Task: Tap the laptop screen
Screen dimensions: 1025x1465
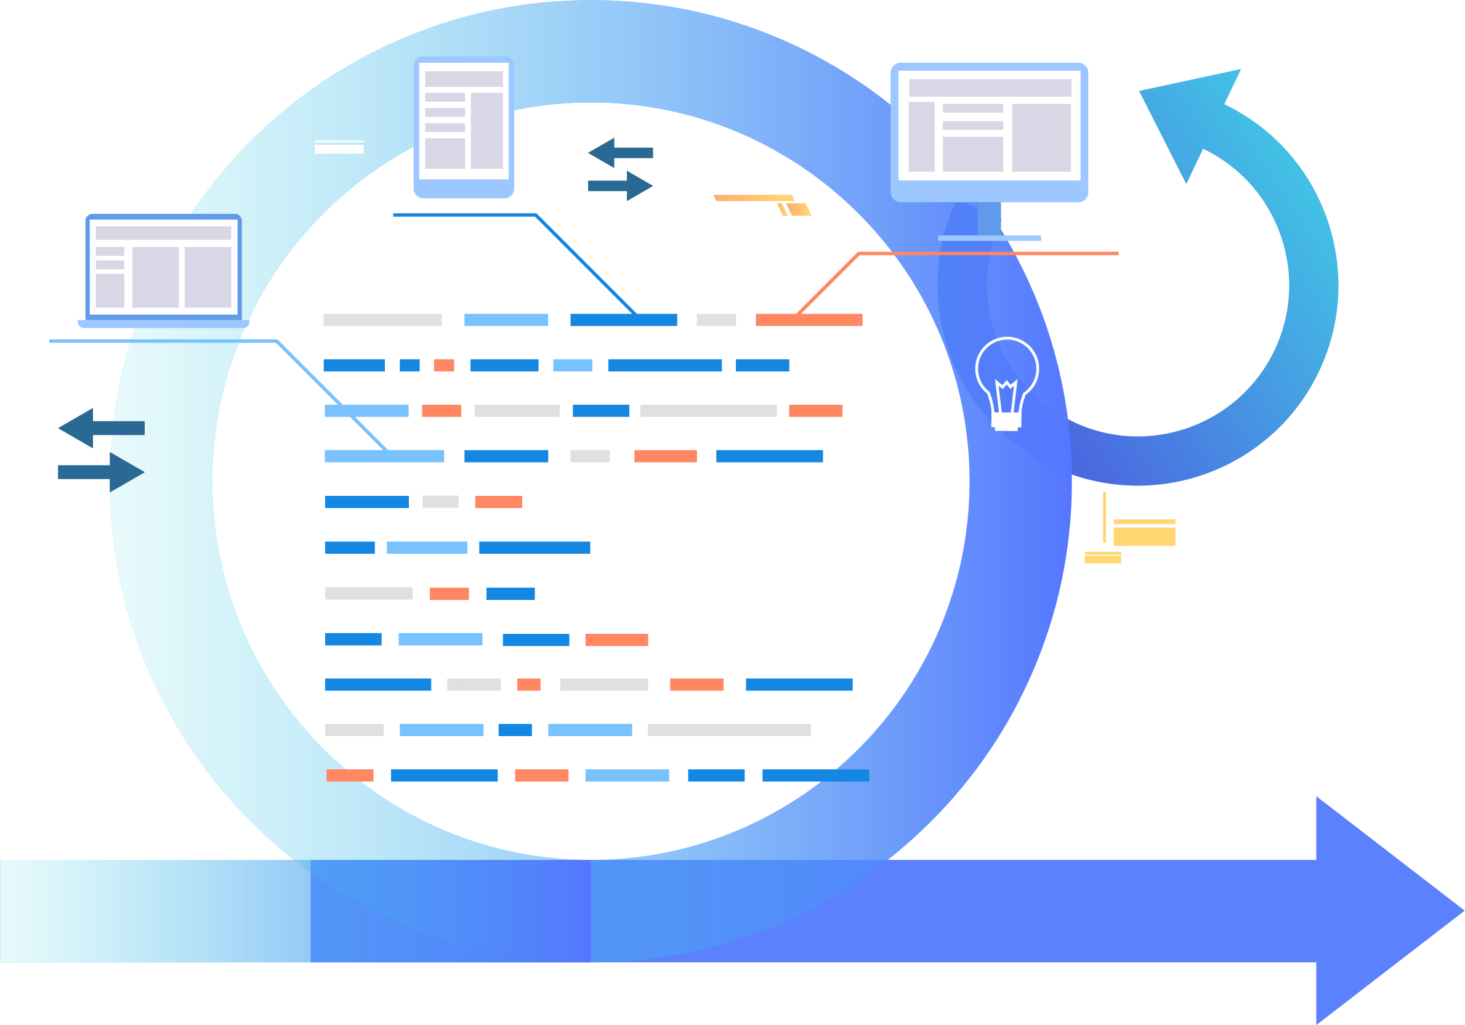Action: [x=163, y=266]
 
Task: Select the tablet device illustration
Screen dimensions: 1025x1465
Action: [x=464, y=126]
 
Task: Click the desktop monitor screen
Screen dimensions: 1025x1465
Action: [x=989, y=125]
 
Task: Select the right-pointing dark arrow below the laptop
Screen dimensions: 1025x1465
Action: [x=102, y=472]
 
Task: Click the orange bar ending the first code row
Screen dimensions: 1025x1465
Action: [x=809, y=320]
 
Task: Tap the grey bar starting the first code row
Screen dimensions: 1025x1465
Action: [x=382, y=320]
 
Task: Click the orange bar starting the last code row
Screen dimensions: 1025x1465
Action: [x=350, y=776]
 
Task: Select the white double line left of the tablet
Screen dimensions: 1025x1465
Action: [x=339, y=147]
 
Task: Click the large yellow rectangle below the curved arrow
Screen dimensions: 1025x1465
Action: [x=1144, y=536]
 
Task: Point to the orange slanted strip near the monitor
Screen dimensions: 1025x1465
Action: [x=754, y=198]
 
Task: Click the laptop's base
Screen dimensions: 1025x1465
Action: [x=163, y=323]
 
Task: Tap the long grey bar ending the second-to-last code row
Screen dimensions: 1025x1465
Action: [x=728, y=729]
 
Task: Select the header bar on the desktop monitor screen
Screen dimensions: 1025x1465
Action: [x=990, y=87]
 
